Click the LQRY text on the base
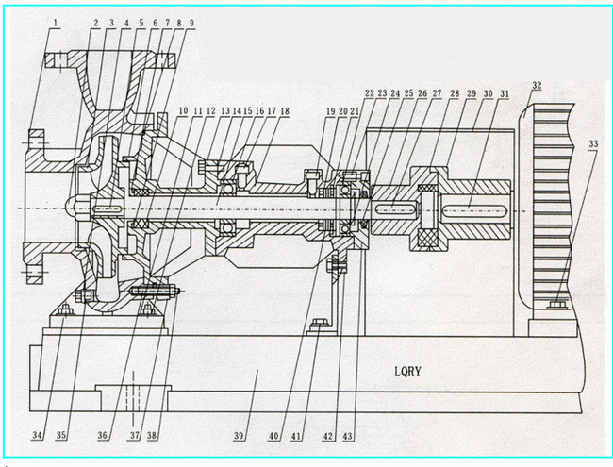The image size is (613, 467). (x=411, y=373)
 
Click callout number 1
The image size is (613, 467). (x=57, y=21)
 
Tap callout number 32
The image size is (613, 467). (x=537, y=86)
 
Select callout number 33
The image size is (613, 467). (x=592, y=145)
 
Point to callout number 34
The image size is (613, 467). (x=37, y=436)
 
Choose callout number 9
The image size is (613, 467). (x=191, y=21)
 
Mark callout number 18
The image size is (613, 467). (x=284, y=111)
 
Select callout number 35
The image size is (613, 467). (x=62, y=436)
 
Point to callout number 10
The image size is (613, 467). (x=183, y=111)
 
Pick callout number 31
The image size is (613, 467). (x=505, y=95)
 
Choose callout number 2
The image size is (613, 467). (x=96, y=21)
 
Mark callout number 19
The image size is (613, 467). (x=331, y=111)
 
